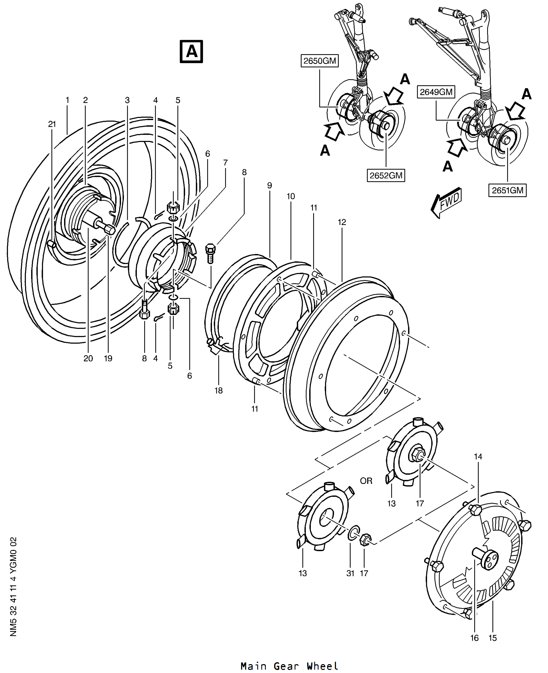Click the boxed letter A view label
click(191, 52)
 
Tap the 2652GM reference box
click(386, 175)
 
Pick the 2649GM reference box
click(436, 92)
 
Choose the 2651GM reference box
click(508, 190)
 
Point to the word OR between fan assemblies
click(366, 481)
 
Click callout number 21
click(52, 124)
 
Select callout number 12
click(342, 222)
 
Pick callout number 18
click(219, 390)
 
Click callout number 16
click(474, 638)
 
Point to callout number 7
click(225, 162)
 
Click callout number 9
click(270, 185)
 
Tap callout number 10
click(291, 196)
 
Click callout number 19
click(108, 358)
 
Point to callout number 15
click(493, 638)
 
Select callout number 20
click(88, 358)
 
